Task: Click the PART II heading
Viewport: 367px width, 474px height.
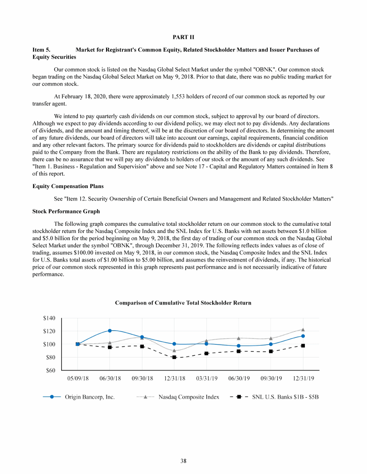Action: tap(183, 37)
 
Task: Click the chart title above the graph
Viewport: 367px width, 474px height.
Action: tap(183, 303)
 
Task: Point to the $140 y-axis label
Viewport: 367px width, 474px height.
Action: tap(50, 318)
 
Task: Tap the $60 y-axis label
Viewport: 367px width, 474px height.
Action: tap(51, 370)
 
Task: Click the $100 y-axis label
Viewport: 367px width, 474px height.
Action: tap(50, 344)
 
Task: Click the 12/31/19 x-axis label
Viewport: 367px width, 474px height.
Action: tap(302, 378)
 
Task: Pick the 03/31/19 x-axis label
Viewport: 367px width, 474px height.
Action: tap(206, 378)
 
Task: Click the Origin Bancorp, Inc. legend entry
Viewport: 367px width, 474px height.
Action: tap(90, 397)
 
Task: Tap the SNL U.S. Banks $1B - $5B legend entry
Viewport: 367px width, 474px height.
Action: tap(285, 397)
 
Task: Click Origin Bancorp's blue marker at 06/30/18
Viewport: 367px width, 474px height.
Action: tap(110, 330)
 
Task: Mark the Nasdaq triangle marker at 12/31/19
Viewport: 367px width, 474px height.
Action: tap(303, 329)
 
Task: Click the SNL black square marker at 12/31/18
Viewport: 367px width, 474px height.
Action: tap(174, 357)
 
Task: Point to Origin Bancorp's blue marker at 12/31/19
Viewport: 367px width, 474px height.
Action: tap(303, 336)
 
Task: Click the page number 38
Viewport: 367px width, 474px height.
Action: tap(183, 461)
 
